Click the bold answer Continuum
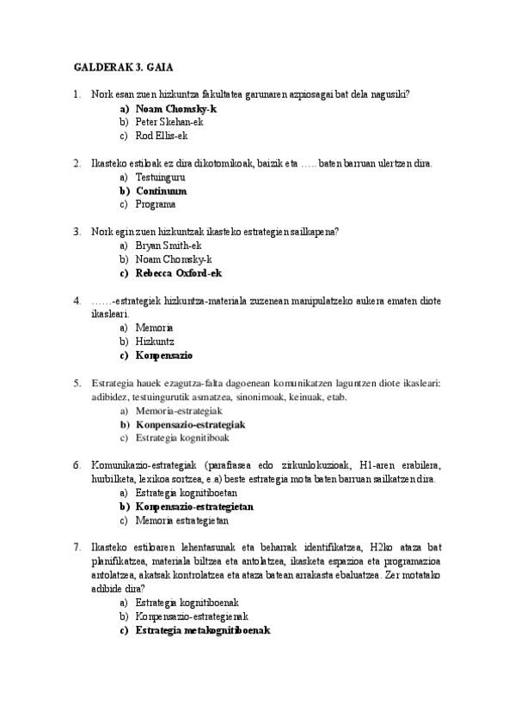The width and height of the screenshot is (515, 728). pos(161,191)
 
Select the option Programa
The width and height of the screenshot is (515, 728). pos(156,204)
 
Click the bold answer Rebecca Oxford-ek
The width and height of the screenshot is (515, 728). pos(179,273)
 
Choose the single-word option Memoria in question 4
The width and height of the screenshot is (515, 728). pos(155,328)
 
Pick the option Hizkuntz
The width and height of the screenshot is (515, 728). pos(155,342)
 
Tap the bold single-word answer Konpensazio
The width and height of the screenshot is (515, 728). pos(163,355)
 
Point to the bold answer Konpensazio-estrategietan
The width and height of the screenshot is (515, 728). pos(194,507)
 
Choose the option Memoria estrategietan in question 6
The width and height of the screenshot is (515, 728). pos(181,520)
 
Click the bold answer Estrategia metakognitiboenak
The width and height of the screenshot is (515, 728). pos(202,630)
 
